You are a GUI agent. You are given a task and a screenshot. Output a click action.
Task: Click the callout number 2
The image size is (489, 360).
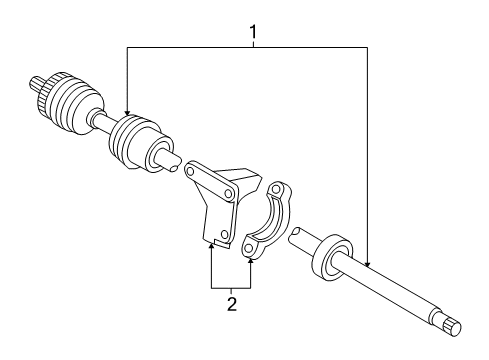pyautogui.click(x=231, y=303)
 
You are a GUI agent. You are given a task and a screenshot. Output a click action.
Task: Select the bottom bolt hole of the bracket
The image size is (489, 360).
pyautogui.click(x=226, y=237)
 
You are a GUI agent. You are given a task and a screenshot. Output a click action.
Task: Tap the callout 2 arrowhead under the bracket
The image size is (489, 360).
pyautogui.click(x=212, y=245)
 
